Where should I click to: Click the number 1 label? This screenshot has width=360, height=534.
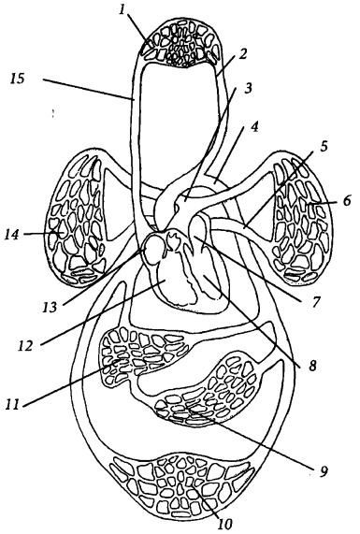122,10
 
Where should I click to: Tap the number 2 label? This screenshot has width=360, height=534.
242,54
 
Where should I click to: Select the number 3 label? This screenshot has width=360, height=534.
248,89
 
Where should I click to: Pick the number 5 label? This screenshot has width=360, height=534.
323,147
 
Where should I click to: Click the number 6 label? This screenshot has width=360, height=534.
346,201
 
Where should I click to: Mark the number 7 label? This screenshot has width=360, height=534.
316,301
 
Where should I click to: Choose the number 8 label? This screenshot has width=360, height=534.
312,366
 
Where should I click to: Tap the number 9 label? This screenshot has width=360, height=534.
324,471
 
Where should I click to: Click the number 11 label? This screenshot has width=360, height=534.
13,404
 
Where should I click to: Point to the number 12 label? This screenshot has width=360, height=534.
26,346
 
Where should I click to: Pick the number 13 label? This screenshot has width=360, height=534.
50,308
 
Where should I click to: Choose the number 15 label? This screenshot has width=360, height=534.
17,79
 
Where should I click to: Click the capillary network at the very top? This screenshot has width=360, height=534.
180,43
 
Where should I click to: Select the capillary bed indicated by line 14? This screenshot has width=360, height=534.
78,218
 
